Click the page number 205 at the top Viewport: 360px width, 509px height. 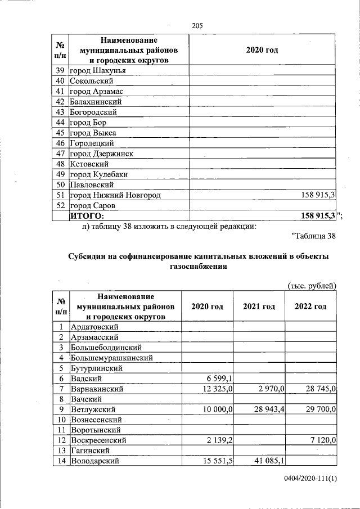(197, 25)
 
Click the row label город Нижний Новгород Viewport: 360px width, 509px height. (115, 195)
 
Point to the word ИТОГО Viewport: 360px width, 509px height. (87, 215)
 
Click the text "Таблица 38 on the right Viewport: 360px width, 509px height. (314, 236)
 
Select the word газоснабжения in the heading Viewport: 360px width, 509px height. (197, 267)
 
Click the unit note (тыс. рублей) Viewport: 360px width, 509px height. (312, 286)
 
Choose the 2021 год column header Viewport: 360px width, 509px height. (259, 307)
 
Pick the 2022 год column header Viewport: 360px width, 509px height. (310, 307)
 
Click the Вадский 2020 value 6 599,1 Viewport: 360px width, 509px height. (220, 379)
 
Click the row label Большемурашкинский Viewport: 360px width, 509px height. (111, 358)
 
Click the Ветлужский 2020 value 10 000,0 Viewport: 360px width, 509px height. (218, 409)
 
